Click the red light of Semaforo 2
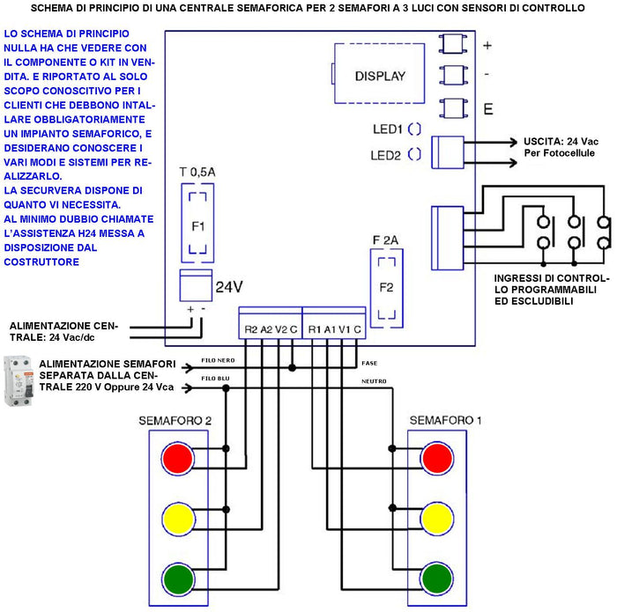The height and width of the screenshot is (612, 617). click(x=176, y=459)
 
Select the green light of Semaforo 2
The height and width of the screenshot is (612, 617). click(x=176, y=579)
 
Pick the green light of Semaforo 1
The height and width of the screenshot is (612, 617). click(x=438, y=579)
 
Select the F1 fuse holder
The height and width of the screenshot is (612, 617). click(x=197, y=225)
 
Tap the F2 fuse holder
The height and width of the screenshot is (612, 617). click(x=385, y=287)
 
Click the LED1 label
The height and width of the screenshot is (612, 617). click(x=387, y=129)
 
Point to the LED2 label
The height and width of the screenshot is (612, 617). click(x=387, y=156)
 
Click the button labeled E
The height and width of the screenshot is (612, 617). click(x=452, y=108)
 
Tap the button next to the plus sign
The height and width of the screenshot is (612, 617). click(x=452, y=44)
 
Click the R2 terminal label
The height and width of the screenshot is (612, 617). click(x=251, y=328)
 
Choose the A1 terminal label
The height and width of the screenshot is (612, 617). click(x=329, y=328)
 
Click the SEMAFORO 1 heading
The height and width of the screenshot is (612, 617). click(x=445, y=420)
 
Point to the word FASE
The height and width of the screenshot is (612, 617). click(x=370, y=362)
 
